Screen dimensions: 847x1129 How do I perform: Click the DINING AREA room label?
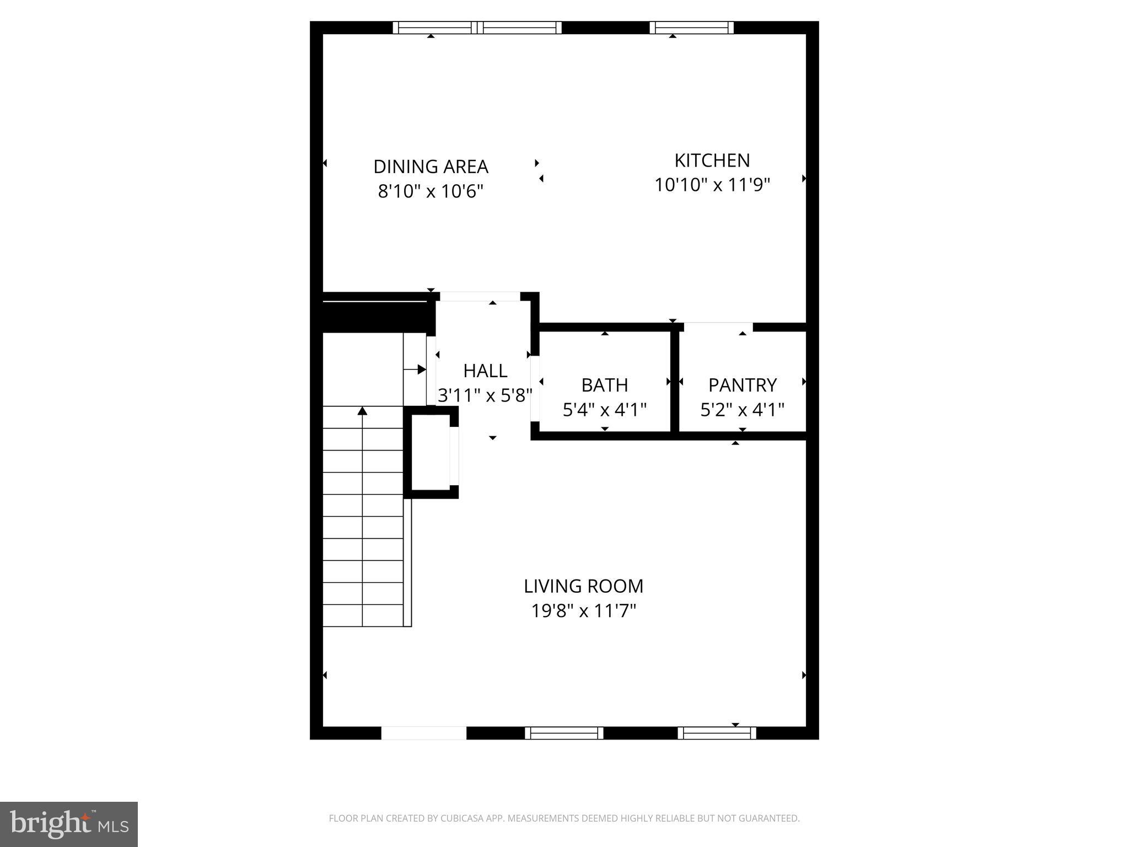[431, 167]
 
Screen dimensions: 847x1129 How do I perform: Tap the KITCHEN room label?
[712, 160]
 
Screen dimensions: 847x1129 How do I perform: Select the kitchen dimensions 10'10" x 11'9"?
[712, 185]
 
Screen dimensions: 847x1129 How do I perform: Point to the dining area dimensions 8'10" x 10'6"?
[431, 191]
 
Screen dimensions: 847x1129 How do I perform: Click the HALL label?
[485, 371]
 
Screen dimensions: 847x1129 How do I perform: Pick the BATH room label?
[604, 385]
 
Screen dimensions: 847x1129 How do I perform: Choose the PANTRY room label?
[742, 385]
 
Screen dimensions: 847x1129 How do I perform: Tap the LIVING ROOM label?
[583, 586]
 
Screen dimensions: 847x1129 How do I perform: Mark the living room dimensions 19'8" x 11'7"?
[583, 611]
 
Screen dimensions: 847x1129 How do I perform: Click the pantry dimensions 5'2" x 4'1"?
[742, 410]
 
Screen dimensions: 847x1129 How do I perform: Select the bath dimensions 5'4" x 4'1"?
[604, 410]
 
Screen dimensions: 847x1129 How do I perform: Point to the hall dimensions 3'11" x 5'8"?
[485, 395]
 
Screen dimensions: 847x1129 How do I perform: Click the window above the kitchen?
[691, 28]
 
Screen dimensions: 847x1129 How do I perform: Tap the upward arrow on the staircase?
[362, 411]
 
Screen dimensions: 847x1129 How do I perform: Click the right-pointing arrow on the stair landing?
[421, 369]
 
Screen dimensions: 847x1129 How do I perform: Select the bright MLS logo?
[69, 824]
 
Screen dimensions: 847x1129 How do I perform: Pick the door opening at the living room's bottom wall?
[423, 733]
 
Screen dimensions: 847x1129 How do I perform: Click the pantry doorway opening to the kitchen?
[718, 327]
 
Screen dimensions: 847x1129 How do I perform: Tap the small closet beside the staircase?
[431, 452]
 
